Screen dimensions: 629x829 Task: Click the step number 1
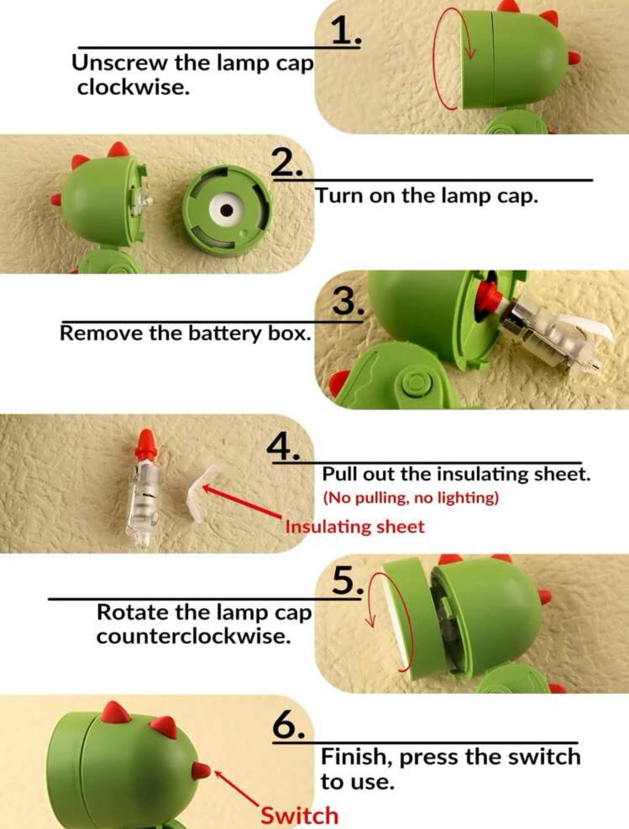(345, 32)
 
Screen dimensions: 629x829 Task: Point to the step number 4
(283, 446)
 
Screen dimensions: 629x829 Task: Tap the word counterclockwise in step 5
(194, 637)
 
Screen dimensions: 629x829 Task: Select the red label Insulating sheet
(355, 527)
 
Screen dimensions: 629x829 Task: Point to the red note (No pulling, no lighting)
(411, 498)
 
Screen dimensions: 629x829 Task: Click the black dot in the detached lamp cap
(226, 210)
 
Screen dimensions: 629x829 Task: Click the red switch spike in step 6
(201, 769)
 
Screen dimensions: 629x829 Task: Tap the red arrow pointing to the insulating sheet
(243, 501)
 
